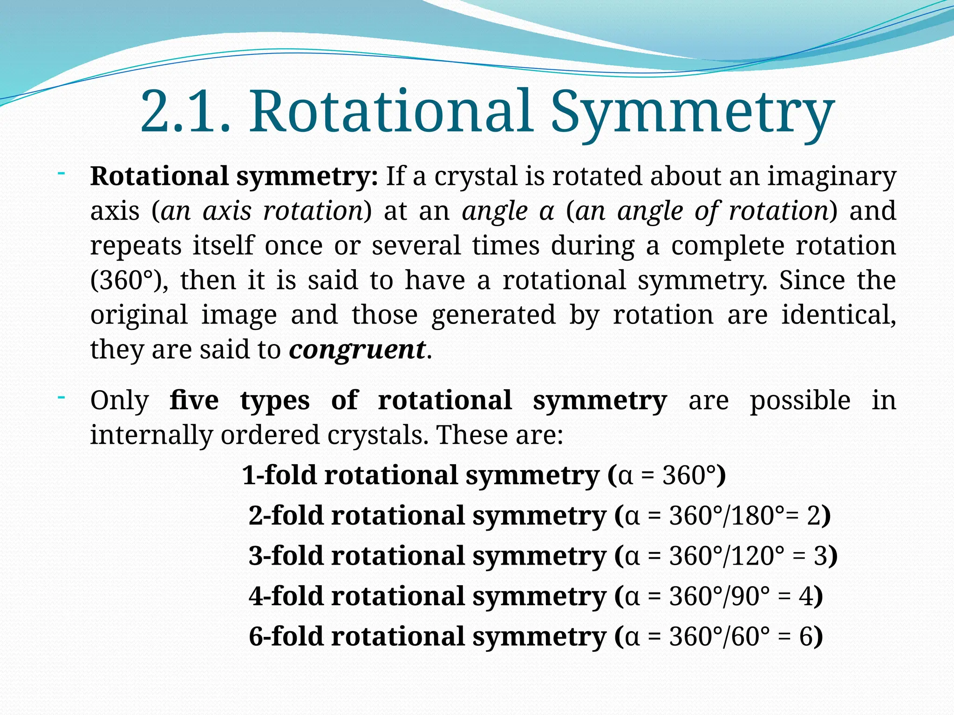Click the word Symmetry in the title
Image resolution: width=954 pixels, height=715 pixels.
[x=692, y=114]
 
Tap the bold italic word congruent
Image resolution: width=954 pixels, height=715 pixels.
[x=357, y=350]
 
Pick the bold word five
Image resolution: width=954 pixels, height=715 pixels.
[x=194, y=400]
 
